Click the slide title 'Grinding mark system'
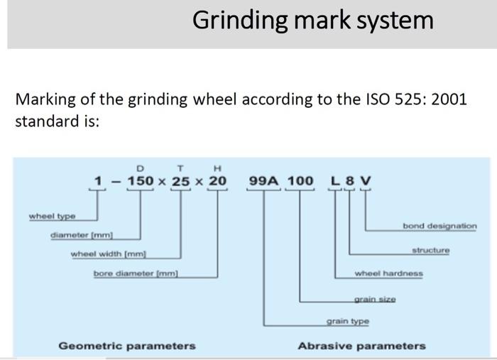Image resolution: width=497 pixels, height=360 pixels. click(312, 20)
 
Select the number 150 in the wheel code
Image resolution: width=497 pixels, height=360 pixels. click(140, 181)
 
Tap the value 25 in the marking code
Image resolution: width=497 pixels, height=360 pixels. click(181, 181)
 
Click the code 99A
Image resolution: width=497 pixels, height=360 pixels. click(263, 181)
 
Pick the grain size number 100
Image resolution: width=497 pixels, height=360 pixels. click(300, 181)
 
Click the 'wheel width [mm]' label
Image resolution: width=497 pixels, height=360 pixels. click(109, 253)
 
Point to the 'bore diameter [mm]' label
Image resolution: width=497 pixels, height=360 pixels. click(136, 273)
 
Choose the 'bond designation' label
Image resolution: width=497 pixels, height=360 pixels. click(439, 226)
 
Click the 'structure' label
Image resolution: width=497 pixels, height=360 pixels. click(430, 250)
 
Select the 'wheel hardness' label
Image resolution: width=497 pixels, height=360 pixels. click(388, 273)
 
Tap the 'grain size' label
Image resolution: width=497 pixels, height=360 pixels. click(375, 300)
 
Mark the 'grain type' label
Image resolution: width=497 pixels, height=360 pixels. click(348, 321)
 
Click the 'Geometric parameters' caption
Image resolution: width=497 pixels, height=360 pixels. click(126, 346)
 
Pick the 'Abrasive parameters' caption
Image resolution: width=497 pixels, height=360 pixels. click(361, 346)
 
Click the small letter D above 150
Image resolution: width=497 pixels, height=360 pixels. click(140, 168)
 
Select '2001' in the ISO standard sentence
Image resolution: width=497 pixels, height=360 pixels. click(449, 99)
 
